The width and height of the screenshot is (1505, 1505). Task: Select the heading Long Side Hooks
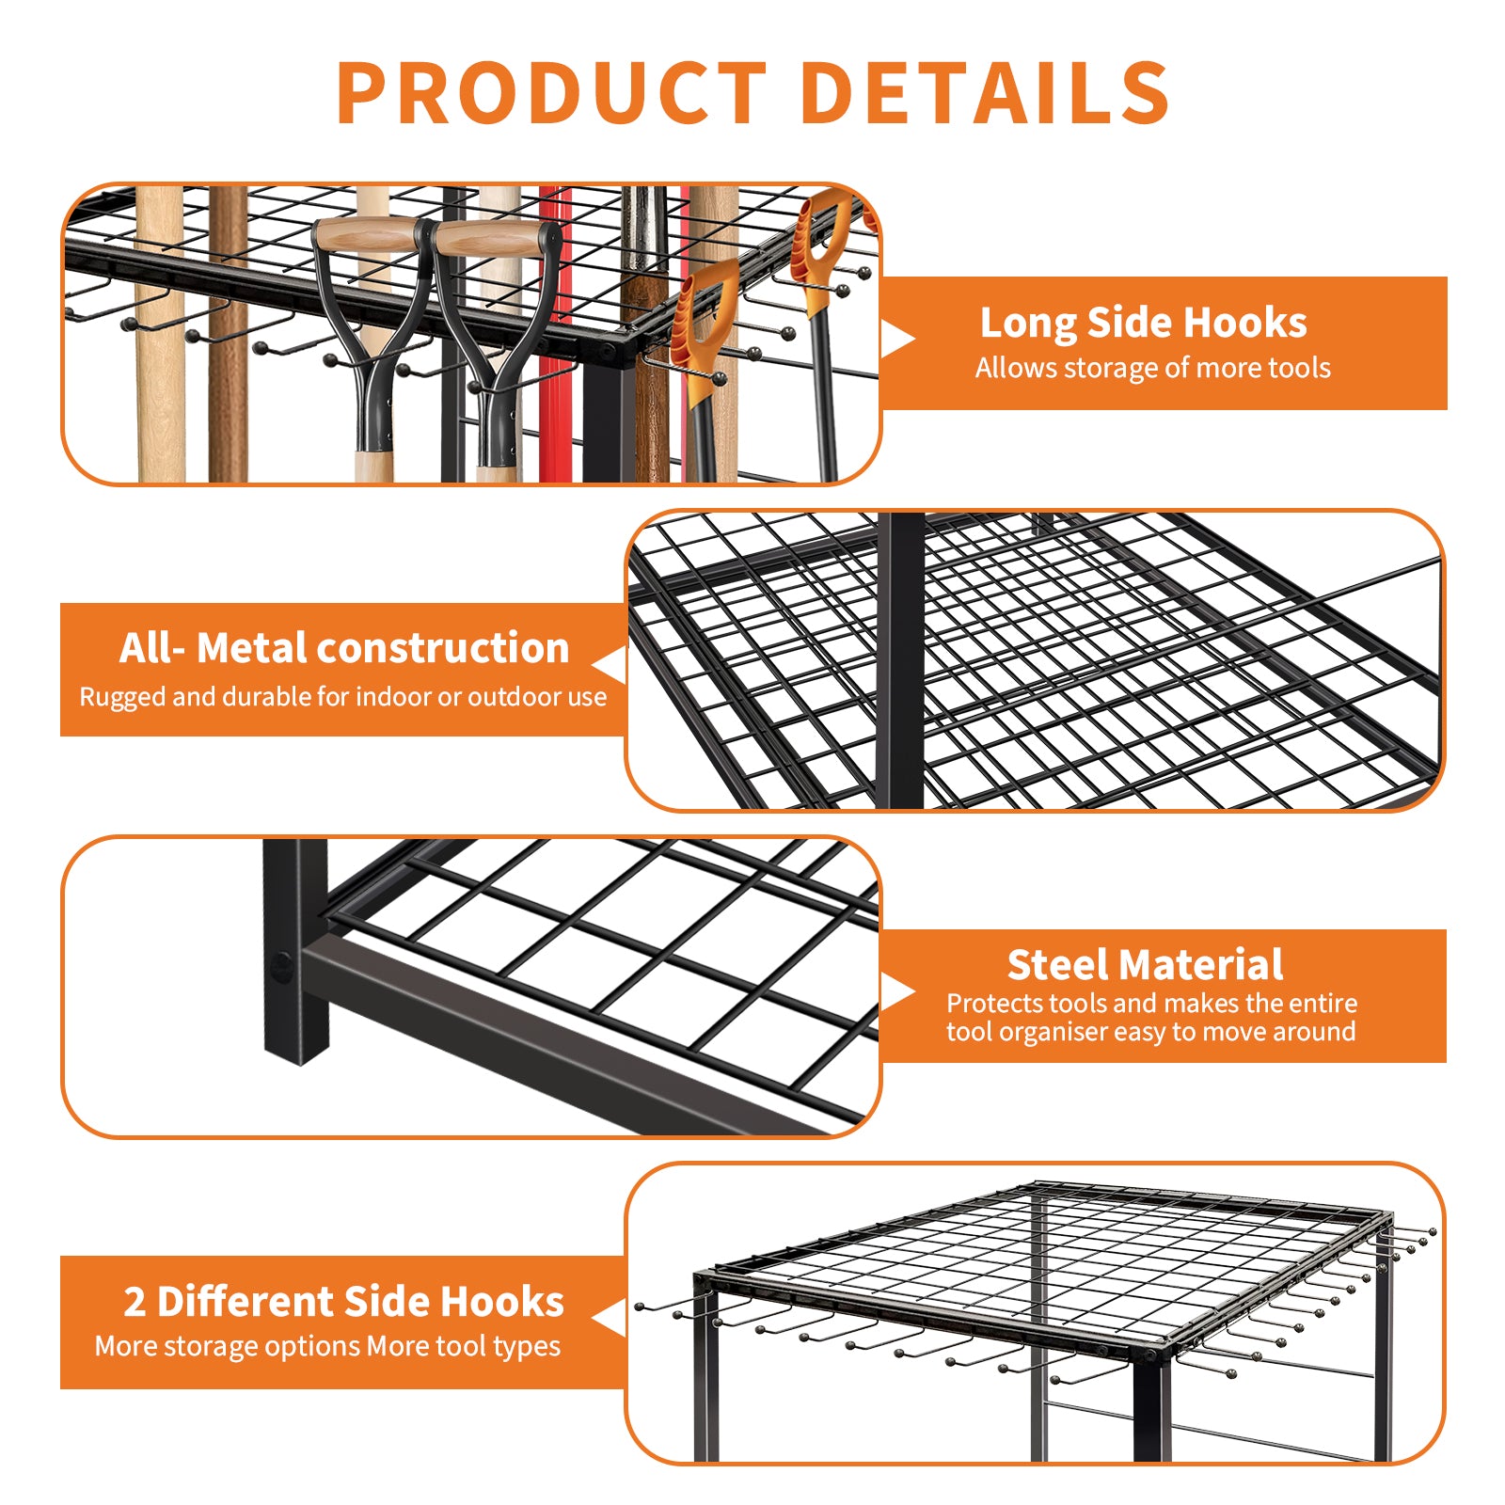point(1143,323)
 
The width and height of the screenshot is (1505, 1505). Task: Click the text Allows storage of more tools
point(1152,368)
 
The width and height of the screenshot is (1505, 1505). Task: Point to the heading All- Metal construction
point(344,648)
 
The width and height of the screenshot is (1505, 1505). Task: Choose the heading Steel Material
point(1145,965)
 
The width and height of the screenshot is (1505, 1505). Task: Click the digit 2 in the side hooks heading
point(135,1302)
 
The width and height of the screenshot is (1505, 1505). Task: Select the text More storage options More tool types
point(327,1347)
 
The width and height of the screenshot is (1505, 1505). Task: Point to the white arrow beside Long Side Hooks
point(898,339)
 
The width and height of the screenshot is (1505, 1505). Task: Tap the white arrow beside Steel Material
point(898,992)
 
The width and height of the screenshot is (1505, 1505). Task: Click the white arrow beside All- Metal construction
point(609,665)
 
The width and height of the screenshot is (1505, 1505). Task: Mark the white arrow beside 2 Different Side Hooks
point(609,1318)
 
